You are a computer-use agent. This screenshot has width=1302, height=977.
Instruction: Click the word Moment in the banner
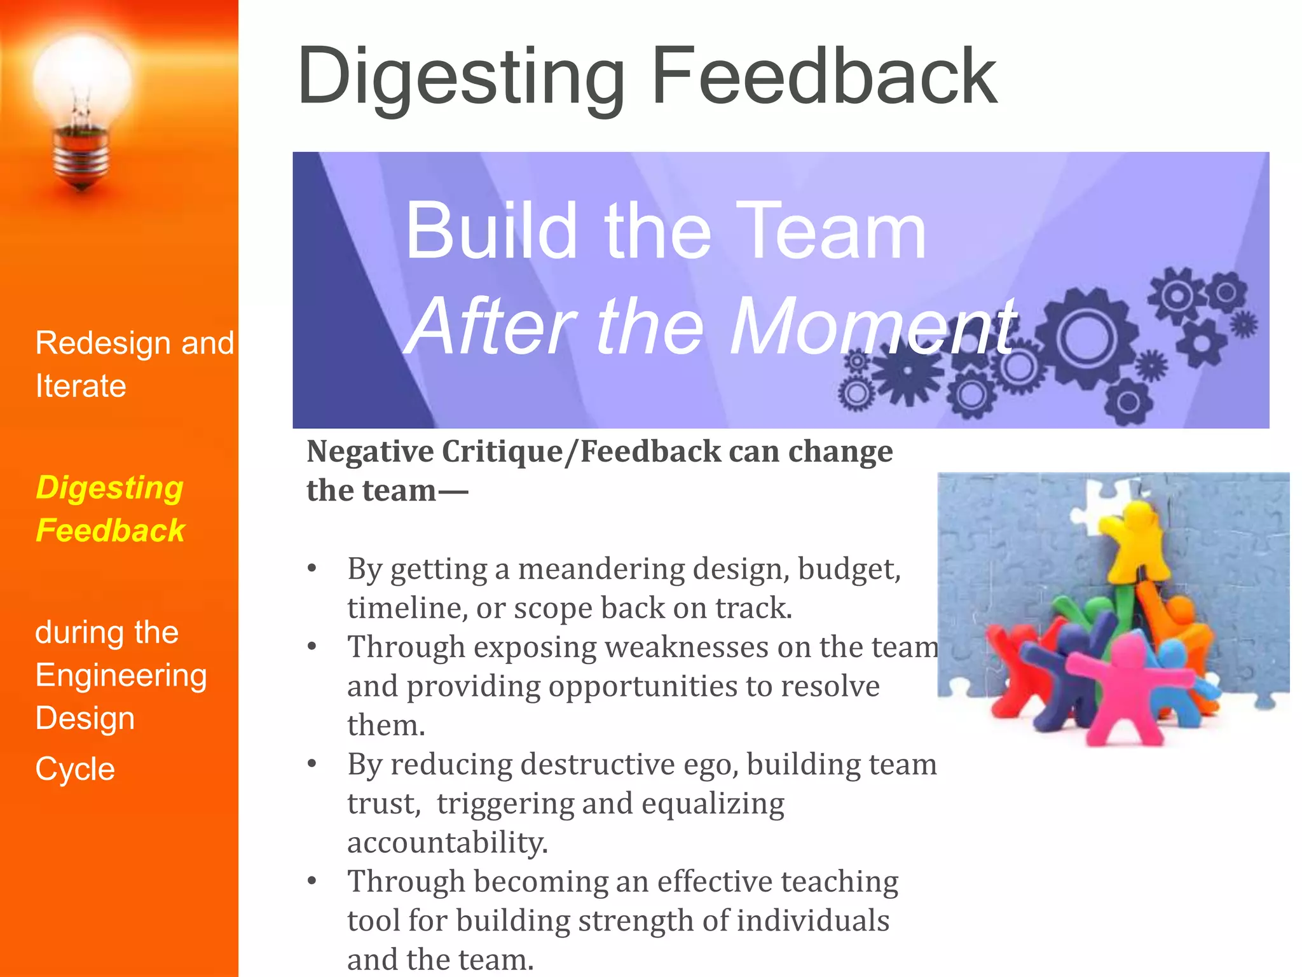(874, 327)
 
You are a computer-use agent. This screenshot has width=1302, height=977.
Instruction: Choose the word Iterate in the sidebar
(81, 386)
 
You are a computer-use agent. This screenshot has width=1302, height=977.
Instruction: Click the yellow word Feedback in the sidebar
(110, 530)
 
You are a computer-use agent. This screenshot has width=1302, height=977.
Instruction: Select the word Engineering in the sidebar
(121, 676)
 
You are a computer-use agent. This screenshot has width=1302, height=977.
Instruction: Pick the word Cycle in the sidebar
(75, 769)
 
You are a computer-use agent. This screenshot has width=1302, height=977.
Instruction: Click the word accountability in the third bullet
(447, 842)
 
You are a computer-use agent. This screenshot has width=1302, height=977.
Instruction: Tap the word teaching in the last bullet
(839, 882)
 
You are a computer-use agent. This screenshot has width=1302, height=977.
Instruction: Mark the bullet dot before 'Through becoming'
(312, 881)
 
